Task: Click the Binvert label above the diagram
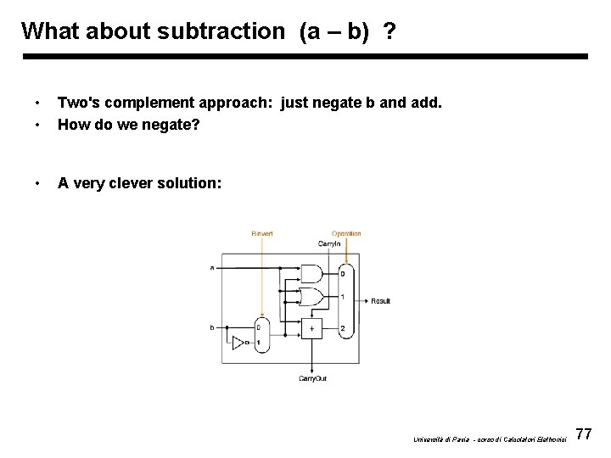[x=262, y=233]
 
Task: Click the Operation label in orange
[x=346, y=233]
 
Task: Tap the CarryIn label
[x=329, y=243]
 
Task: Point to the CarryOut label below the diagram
[x=312, y=378]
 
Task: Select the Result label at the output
[x=381, y=301]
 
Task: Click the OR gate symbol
[x=312, y=297]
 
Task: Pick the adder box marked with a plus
[x=312, y=327]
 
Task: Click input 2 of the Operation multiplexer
[x=342, y=328]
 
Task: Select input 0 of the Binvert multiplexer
[x=259, y=327]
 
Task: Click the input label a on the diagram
[x=212, y=268]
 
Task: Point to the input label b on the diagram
[x=212, y=327]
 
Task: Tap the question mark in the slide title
[x=389, y=31]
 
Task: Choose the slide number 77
[x=583, y=435]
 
